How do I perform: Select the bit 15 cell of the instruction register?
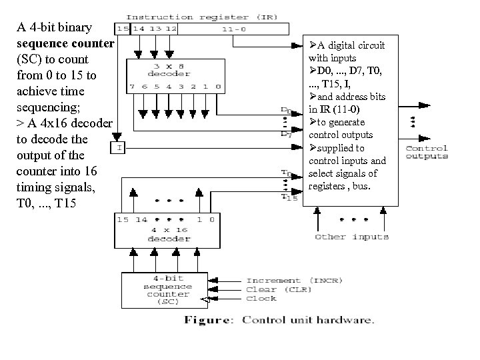click(x=123, y=29)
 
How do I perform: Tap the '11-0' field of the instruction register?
click(x=233, y=29)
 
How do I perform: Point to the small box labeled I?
click(x=119, y=148)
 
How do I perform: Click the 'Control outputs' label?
click(x=427, y=152)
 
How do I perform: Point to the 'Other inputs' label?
click(x=351, y=237)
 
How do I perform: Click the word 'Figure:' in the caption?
click(x=208, y=320)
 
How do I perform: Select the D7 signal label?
click(x=286, y=134)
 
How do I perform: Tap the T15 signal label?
click(x=288, y=197)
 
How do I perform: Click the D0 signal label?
click(x=285, y=110)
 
